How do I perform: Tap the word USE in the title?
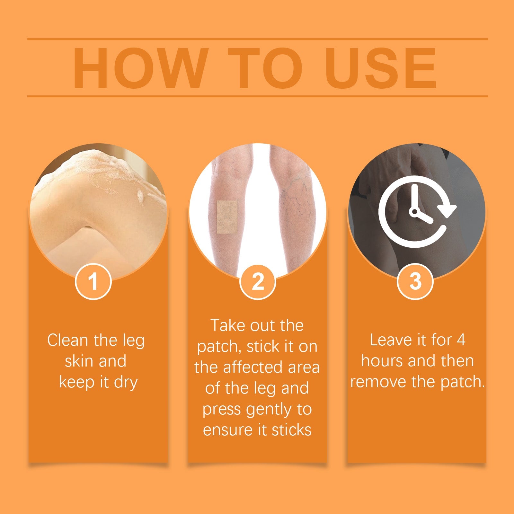tap(381, 68)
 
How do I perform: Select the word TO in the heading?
tap(265, 68)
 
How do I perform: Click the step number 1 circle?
tap(93, 282)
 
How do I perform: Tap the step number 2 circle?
tap(258, 282)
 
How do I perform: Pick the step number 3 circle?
tap(415, 282)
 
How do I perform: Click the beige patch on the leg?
tap(227, 217)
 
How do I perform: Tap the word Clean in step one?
tap(68, 340)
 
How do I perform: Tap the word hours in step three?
tap(381, 361)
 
